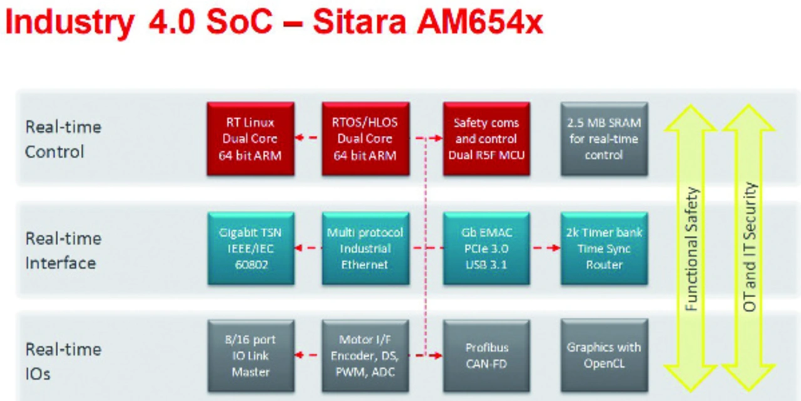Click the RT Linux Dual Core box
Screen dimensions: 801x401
click(251, 139)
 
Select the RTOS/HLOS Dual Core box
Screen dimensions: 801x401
click(365, 139)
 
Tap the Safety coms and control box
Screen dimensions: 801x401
click(486, 139)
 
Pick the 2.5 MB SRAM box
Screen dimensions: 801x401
click(605, 139)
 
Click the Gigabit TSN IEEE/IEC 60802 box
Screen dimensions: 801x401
click(251, 248)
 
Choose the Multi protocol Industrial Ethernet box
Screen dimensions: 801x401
click(365, 248)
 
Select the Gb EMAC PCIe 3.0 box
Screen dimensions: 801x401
click(486, 248)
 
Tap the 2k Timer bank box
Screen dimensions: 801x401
click(605, 248)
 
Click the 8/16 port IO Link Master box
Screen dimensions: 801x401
click(251, 355)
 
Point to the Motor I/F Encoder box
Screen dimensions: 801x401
click(365, 355)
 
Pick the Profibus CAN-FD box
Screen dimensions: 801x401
click(486, 355)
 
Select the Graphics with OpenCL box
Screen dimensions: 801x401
click(605, 355)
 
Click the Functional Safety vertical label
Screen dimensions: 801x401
click(691, 249)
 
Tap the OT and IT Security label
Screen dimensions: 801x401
click(750, 246)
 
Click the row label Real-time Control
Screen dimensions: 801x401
click(63, 140)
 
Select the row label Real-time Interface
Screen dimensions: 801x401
click(63, 251)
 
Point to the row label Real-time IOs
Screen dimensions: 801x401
click(63, 362)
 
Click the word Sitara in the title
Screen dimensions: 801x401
click(359, 22)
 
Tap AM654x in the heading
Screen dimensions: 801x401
click(480, 22)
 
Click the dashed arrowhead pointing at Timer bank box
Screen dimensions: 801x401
click(556, 248)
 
